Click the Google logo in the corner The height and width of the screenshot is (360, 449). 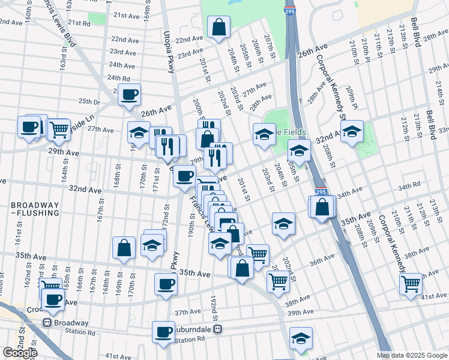20,353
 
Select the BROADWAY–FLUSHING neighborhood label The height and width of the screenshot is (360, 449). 35,209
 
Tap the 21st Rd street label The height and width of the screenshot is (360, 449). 79,23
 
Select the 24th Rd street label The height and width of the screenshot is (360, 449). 118,78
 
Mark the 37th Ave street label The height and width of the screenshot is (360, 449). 187,312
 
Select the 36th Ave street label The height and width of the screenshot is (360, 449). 322,262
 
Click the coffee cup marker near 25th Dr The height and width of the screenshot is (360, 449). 129,94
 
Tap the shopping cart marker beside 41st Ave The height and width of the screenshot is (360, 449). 411,283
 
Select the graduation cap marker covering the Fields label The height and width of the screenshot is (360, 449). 264,135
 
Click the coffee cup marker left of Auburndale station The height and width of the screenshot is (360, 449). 163,332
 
